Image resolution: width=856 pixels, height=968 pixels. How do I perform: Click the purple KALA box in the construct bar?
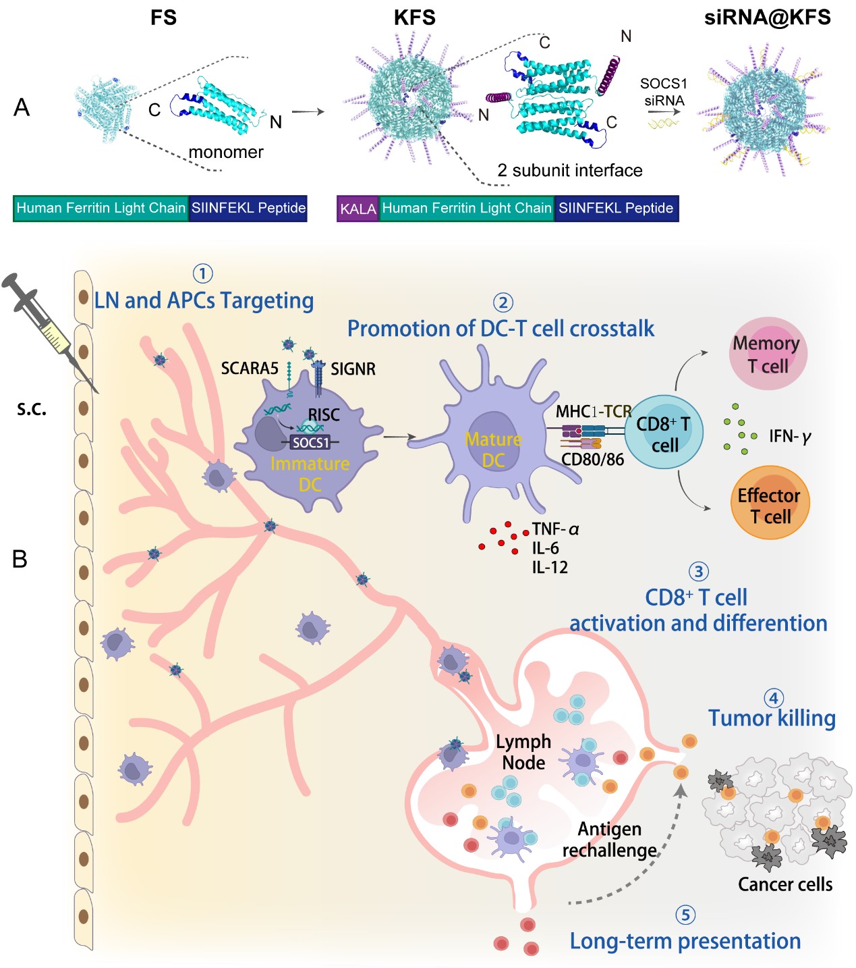click(x=358, y=209)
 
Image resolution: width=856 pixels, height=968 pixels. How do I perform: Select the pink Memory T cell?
click(x=767, y=354)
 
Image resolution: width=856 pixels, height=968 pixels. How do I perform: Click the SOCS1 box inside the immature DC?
click(x=310, y=443)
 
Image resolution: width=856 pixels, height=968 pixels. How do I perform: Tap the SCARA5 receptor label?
click(x=250, y=369)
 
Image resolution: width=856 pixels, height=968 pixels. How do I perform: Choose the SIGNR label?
click(x=353, y=369)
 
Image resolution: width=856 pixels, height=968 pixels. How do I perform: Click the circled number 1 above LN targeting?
click(x=203, y=273)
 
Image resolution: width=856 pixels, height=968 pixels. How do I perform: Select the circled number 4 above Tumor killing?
click(x=773, y=698)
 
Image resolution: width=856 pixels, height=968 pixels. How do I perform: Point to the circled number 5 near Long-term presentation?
click(x=685, y=915)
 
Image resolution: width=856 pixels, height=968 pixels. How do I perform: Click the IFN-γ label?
click(x=790, y=437)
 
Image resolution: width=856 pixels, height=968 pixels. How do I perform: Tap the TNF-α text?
click(x=555, y=529)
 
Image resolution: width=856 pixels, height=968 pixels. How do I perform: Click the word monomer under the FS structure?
click(x=226, y=153)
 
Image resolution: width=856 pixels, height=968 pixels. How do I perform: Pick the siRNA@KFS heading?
click(x=767, y=18)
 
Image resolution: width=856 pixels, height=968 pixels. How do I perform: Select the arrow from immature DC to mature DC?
click(x=399, y=437)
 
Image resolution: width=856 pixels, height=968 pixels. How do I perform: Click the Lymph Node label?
click(x=523, y=752)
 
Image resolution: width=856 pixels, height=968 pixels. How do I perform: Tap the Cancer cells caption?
click(x=785, y=884)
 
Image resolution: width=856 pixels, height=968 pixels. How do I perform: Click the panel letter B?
click(x=20, y=559)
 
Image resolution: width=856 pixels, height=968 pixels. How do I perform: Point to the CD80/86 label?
click(x=592, y=460)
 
